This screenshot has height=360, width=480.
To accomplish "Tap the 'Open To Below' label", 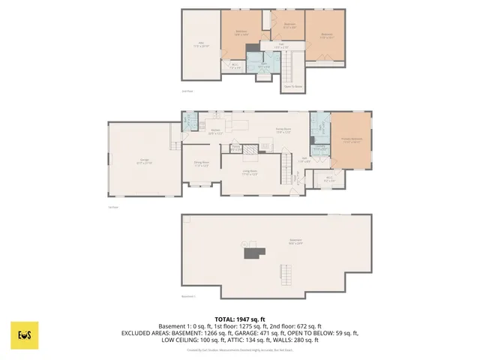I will (x=292, y=86).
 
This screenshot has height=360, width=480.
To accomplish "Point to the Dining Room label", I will (x=201, y=164).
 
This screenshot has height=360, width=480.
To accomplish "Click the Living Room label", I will (x=250, y=173).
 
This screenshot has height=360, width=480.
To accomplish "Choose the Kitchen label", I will (x=215, y=132).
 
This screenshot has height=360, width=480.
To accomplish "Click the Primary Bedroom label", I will (x=351, y=140).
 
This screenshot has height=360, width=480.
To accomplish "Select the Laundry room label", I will (x=319, y=148).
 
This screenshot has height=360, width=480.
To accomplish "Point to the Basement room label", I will (x=294, y=242).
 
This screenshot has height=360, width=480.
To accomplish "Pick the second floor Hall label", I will (x=281, y=46).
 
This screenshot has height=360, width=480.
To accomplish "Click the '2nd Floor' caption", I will (x=187, y=91).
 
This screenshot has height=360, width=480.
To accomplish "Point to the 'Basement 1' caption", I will (x=188, y=296).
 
